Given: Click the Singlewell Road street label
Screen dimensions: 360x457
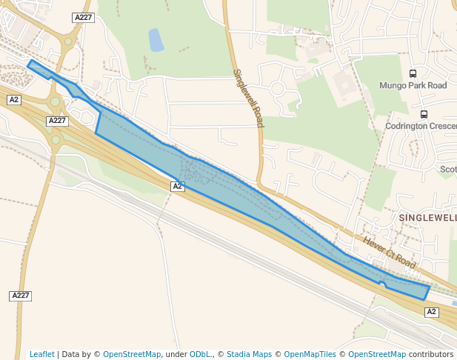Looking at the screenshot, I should pos(249,99).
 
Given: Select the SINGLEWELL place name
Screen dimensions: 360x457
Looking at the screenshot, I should pos(427,218).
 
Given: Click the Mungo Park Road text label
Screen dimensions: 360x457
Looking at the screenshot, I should pos(413,85).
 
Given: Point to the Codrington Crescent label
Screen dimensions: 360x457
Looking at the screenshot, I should pos(420,126).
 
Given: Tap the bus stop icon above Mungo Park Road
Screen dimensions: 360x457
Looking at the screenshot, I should pos(413,73).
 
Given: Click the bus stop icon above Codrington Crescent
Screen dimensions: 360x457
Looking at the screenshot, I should pos(424,114).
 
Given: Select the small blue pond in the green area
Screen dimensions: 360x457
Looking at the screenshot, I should pos(156,39).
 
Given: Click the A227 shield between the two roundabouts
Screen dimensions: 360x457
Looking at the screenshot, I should pos(57,121).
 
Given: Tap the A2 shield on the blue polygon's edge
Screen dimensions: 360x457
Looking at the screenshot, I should pos(178,187).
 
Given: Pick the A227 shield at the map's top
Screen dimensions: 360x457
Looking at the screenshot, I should pos(83,17).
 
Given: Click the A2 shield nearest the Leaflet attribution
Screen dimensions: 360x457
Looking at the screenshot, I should pos(432,312).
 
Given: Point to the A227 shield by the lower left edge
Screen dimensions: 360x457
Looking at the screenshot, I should pos(21,296).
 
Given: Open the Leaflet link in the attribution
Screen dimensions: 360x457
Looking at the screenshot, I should pos(42,354).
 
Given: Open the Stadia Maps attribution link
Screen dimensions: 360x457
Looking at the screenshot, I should pos(249,354).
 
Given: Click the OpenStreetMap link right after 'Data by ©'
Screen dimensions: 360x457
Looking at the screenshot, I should pos(132,354).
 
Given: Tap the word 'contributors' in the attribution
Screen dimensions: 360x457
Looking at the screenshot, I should pos(431,354).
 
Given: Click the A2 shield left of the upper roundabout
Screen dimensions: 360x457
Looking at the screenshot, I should pos(15,99).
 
